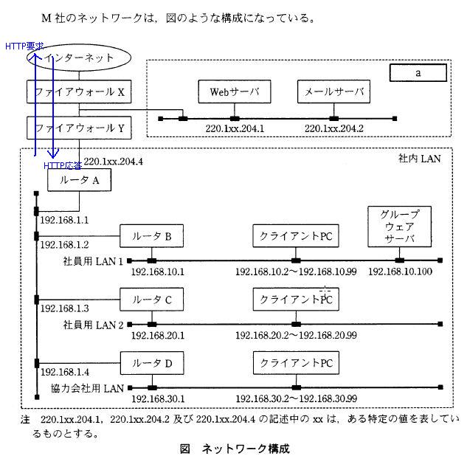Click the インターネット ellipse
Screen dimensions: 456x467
click(x=80, y=58)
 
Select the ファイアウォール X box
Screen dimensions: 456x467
click(x=80, y=91)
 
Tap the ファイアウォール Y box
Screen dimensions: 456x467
click(x=80, y=128)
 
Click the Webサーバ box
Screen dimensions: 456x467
click(x=234, y=91)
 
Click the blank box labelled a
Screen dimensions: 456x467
click(x=418, y=72)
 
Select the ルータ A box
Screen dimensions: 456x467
click(x=80, y=180)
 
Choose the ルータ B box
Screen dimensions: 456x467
click(x=152, y=236)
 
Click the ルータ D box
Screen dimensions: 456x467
click(x=152, y=362)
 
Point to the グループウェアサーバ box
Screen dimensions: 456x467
click(x=399, y=227)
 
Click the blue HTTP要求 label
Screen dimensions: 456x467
click(x=24, y=46)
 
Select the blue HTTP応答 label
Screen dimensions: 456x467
click(x=63, y=165)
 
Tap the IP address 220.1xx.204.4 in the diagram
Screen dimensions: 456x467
click(x=113, y=161)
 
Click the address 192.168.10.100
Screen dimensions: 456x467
click(x=400, y=272)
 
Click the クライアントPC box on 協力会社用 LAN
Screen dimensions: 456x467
click(x=295, y=362)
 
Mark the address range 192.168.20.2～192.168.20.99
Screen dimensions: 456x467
click(x=296, y=335)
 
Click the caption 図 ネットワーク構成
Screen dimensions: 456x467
click(x=235, y=447)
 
